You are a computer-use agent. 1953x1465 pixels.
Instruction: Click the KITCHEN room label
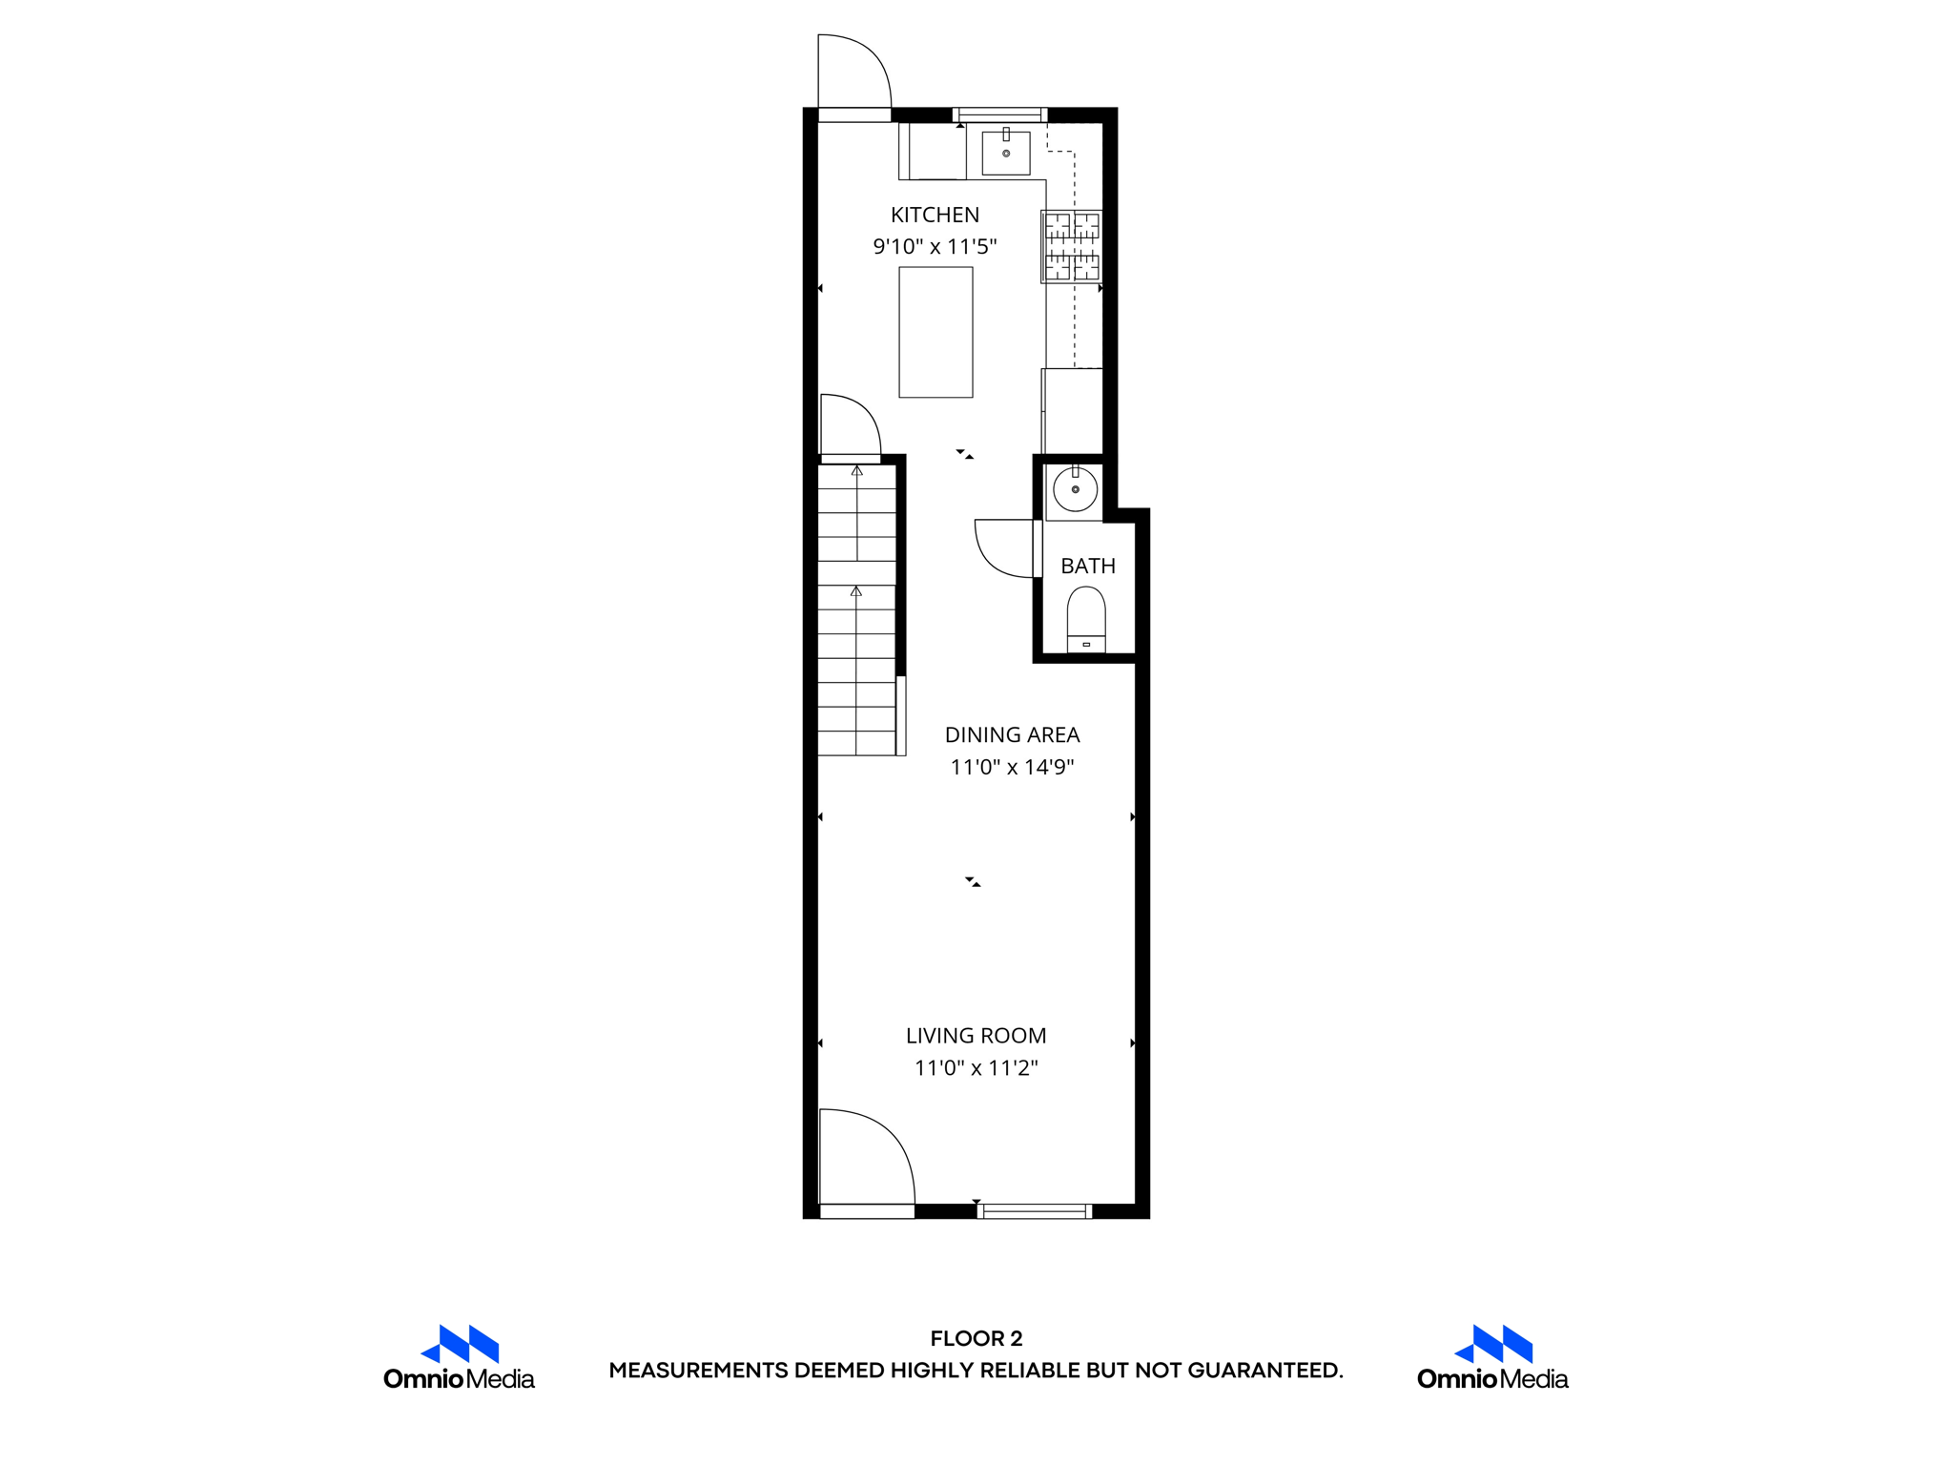(935, 215)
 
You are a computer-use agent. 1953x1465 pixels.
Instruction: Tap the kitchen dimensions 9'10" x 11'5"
(935, 247)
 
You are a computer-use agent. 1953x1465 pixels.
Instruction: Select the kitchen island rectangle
(935, 332)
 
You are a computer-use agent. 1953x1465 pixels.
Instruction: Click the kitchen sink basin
(1006, 154)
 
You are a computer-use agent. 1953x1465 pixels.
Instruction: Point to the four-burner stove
(1072, 246)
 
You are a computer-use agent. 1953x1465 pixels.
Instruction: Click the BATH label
(1088, 566)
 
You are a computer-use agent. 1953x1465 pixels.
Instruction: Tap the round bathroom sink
(1075, 490)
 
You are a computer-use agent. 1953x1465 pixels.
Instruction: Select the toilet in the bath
(1086, 618)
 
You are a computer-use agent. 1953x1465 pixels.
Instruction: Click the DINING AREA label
(1012, 734)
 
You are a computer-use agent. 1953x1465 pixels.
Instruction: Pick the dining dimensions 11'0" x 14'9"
(1012, 767)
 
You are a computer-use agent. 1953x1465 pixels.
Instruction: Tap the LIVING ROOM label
(976, 1035)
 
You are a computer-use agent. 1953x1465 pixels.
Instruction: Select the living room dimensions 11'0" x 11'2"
(976, 1067)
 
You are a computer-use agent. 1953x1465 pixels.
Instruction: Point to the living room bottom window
(1035, 1211)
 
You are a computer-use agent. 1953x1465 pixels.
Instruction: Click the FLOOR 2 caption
(976, 1338)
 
